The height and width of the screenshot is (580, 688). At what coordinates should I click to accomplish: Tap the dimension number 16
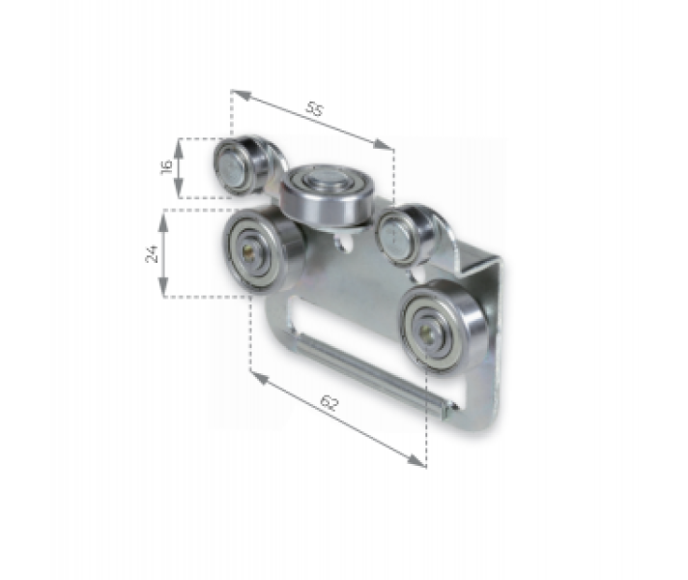pos(165,167)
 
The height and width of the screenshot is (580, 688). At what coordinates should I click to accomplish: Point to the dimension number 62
pos(328,404)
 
